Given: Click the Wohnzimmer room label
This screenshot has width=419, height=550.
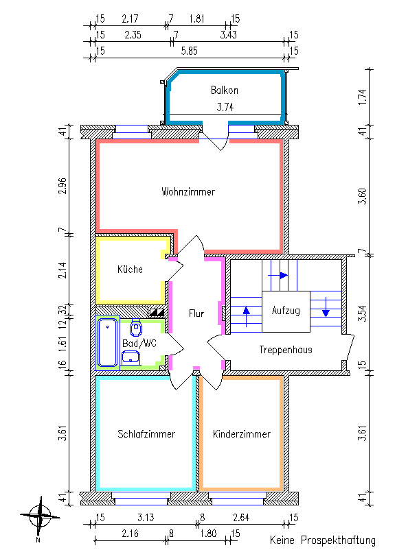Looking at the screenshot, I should click(188, 192).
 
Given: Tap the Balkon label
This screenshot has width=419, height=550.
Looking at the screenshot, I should click(225, 90).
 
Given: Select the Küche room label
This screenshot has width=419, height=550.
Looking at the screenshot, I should click(130, 270).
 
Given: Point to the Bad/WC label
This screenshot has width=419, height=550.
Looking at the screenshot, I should click(139, 342).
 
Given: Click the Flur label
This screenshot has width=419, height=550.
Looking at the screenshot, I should click(196, 313).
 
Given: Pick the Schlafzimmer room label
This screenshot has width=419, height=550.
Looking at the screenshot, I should click(146, 434).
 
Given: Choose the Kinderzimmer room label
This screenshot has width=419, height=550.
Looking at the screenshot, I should click(241, 434).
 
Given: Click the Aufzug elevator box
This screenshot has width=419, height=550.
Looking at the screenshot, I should click(285, 311).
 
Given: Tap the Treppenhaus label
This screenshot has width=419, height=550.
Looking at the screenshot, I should click(286, 350).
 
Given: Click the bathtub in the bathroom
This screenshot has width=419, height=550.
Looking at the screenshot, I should click(106, 342).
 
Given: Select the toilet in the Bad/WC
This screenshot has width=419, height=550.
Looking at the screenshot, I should click(135, 327).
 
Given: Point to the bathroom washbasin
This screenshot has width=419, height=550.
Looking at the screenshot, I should click(131, 357).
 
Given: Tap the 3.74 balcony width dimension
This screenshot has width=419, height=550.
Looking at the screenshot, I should click(225, 107).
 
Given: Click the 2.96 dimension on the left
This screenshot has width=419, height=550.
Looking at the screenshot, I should click(63, 186).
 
